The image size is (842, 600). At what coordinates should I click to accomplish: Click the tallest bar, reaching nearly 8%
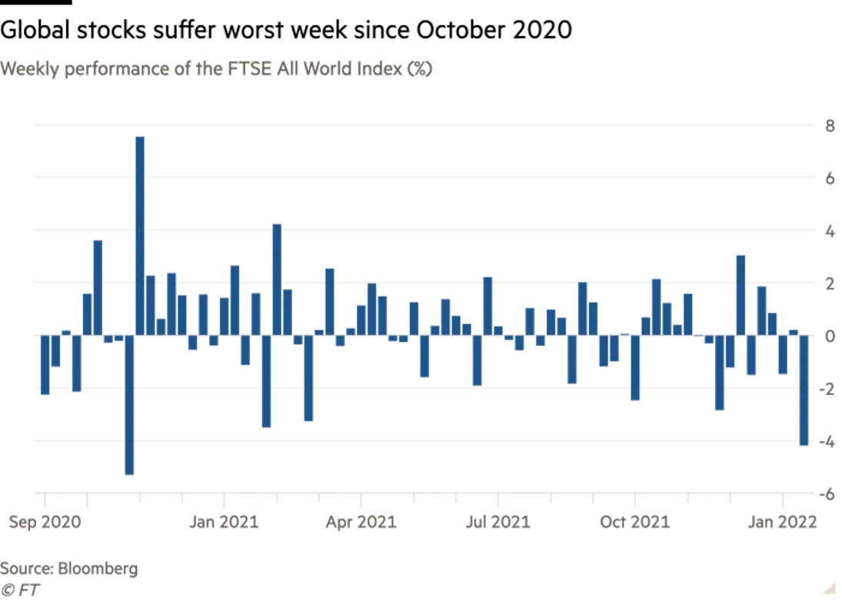[139, 235]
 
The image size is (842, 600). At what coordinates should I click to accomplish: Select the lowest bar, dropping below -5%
[129, 405]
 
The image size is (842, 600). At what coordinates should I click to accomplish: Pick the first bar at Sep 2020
[45, 365]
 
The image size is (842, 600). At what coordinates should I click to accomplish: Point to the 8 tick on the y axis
[830, 126]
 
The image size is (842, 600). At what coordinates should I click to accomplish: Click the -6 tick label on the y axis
[827, 494]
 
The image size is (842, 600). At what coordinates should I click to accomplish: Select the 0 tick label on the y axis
[830, 336]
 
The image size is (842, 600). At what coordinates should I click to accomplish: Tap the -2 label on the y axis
[827, 390]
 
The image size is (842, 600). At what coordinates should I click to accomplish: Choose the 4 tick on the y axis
[830, 231]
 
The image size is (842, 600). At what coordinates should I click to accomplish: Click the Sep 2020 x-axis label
[44, 522]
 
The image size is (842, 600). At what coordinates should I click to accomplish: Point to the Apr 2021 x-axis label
[361, 522]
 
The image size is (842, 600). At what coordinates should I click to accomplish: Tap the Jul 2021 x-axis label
[498, 522]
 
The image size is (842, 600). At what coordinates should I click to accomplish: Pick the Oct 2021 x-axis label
[635, 522]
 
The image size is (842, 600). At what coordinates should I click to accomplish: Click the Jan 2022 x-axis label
[783, 522]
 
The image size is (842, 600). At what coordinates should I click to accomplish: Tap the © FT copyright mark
[21, 590]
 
